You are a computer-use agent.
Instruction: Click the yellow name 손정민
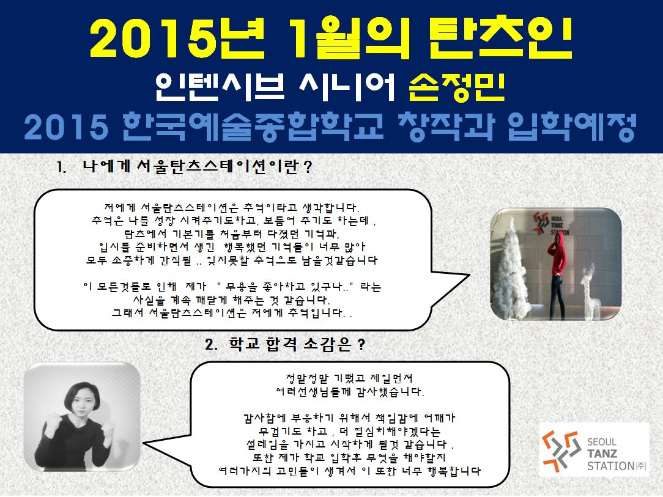point(457,87)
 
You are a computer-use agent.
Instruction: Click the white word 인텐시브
point(220,87)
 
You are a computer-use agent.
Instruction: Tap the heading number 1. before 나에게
point(62,168)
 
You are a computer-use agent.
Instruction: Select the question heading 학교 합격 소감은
point(290,344)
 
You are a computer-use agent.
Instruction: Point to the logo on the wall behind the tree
point(550,223)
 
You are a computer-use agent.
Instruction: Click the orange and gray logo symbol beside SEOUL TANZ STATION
point(561,452)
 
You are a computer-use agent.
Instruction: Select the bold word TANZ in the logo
point(602,454)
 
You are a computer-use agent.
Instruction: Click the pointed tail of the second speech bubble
point(144,443)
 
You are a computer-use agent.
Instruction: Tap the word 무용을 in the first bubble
point(242,287)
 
